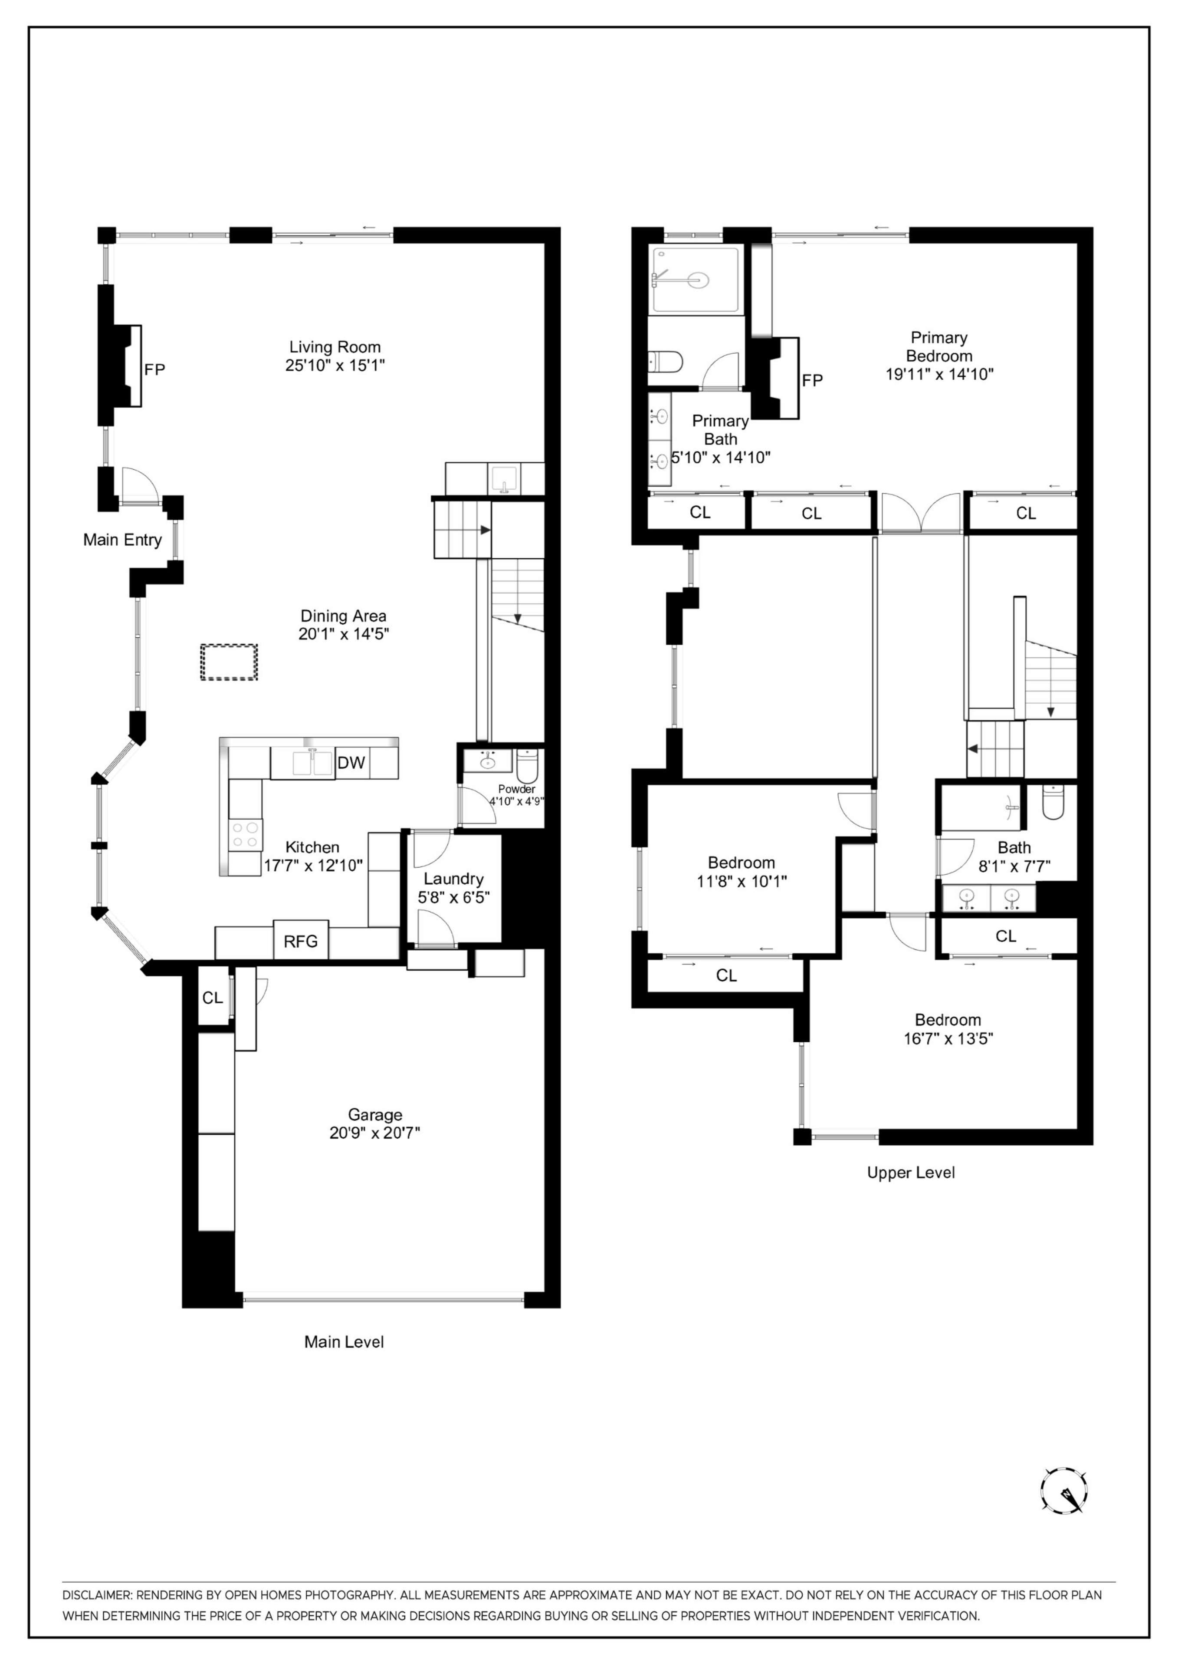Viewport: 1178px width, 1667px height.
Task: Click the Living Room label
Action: click(x=335, y=347)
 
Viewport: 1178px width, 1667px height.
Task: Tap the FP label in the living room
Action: click(x=154, y=369)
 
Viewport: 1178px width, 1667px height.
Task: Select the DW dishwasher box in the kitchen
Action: click(x=351, y=762)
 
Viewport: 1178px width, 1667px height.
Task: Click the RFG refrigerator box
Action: click(x=301, y=942)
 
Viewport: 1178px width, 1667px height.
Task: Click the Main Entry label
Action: click(x=122, y=540)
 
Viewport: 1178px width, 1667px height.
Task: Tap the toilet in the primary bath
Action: click(x=665, y=361)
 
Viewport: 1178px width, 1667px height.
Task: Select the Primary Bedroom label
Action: click(x=938, y=346)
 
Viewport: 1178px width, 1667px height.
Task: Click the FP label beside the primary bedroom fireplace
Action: click(x=812, y=380)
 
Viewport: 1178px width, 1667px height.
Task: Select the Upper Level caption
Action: click(x=910, y=1173)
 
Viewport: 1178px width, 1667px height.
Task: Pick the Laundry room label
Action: click(x=454, y=879)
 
